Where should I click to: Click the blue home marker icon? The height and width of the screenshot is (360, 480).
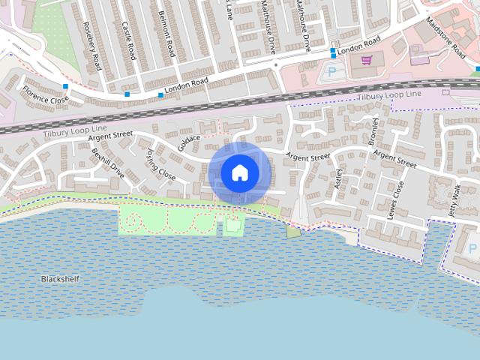coord(240,172)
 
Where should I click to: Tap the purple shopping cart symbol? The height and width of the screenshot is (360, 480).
coord(367,61)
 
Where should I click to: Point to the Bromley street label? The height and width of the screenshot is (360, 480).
coord(373,132)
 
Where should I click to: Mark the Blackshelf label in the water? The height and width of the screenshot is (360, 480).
coord(60,279)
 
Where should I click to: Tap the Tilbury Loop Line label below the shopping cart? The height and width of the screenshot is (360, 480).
coord(390,97)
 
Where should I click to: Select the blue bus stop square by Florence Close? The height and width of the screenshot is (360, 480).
coord(66,87)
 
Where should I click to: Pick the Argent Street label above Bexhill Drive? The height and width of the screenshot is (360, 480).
coord(110,135)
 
